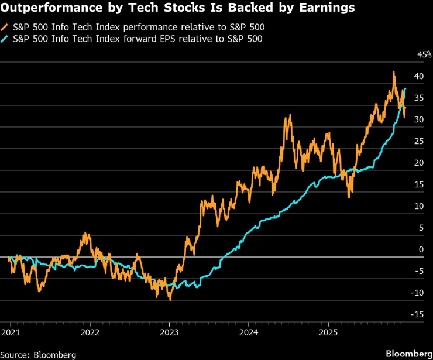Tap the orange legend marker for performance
click(5, 28)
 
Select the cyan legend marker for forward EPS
click(5, 39)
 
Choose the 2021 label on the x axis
click(11, 332)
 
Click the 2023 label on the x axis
click(169, 332)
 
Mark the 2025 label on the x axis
click(328, 332)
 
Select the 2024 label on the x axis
click(249, 332)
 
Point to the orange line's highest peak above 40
click(394, 72)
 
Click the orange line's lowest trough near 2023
click(170, 300)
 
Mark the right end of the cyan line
click(405, 88)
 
